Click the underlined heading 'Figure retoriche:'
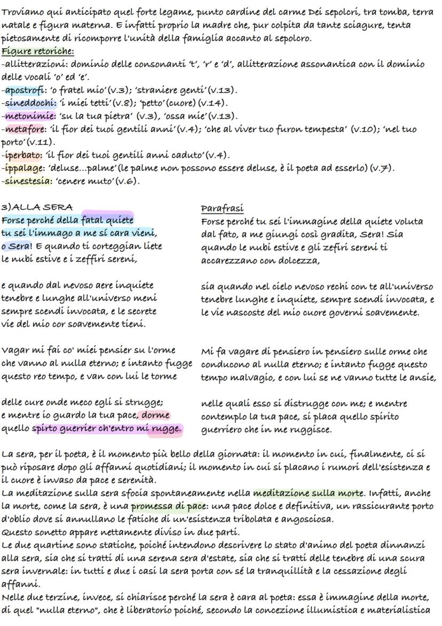coord(37,51)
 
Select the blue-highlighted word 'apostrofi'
coord(24,90)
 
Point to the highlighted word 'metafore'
coord(23,129)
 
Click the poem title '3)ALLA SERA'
coord(37,207)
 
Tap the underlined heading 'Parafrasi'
coord(222,207)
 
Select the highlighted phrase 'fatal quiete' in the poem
coord(107,220)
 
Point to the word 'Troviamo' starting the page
coord(23,12)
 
